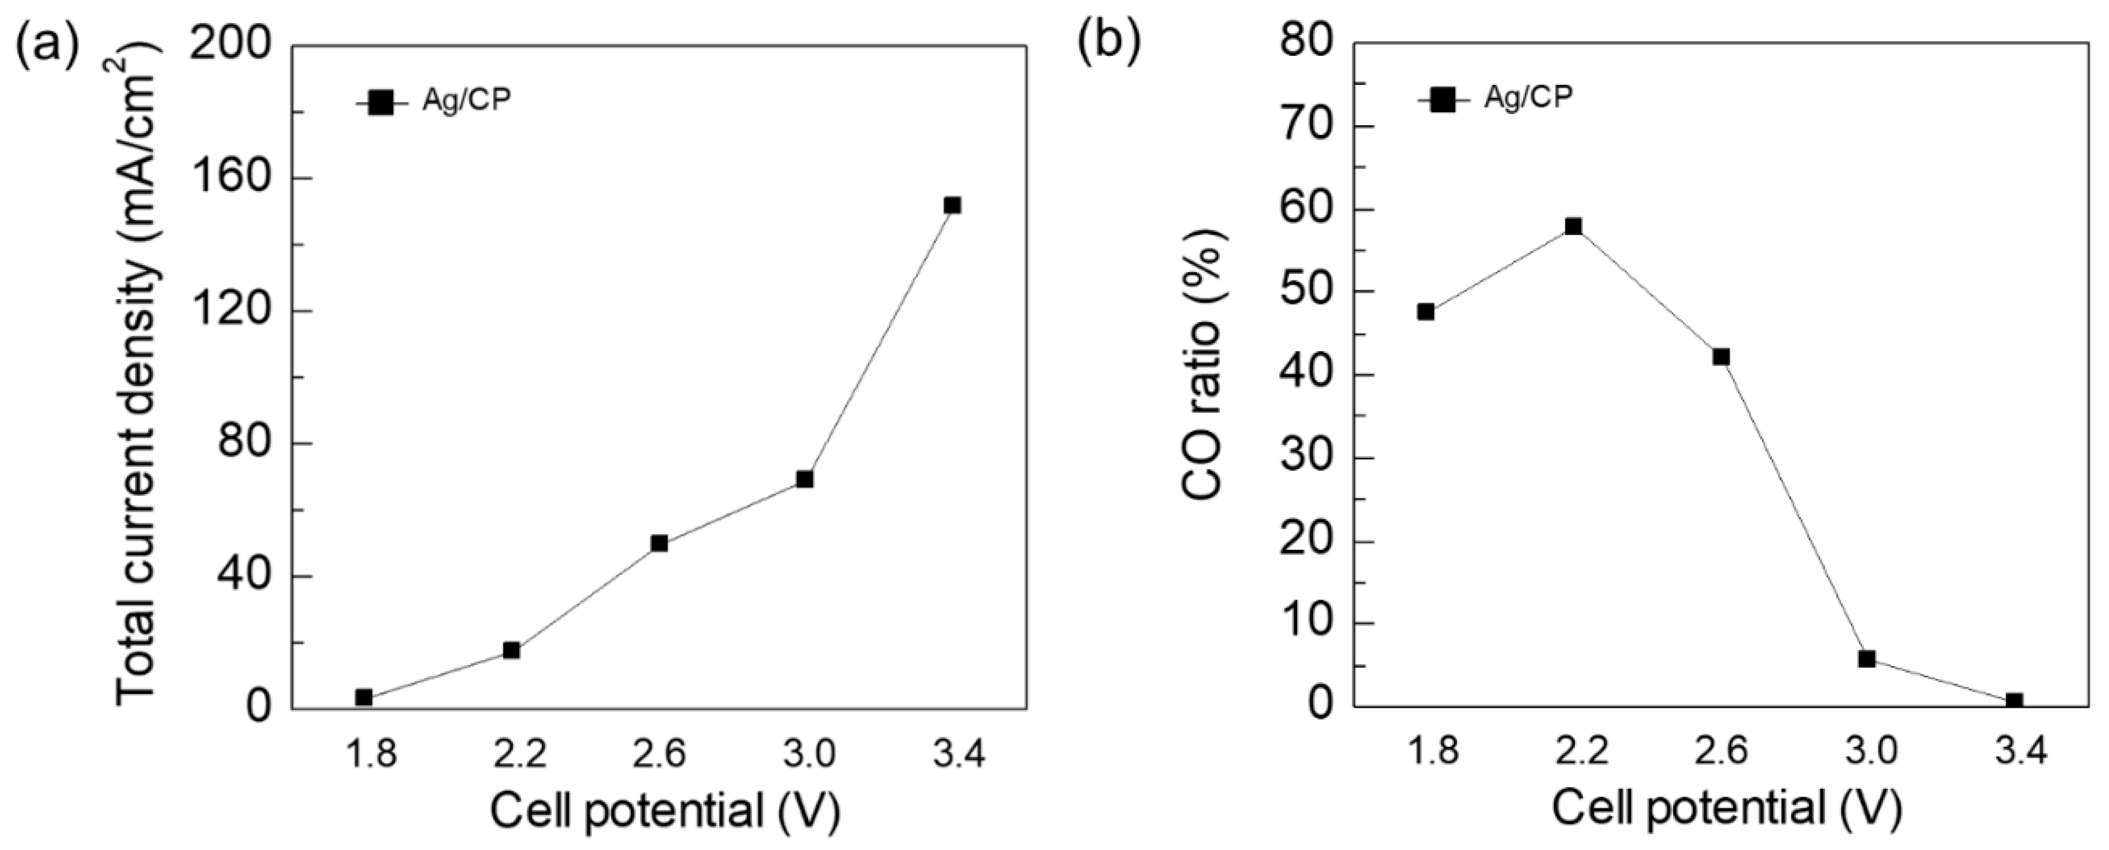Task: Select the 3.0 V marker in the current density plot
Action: pos(805,479)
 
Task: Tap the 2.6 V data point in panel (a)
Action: pos(659,543)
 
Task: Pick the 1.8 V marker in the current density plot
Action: pos(364,697)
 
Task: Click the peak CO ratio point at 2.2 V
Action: pos(1574,226)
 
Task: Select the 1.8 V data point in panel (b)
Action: pos(1426,311)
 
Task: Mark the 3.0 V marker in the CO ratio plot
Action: pos(1866,658)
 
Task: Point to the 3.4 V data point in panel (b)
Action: pos(2014,701)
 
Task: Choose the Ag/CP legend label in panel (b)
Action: pos(1529,97)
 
